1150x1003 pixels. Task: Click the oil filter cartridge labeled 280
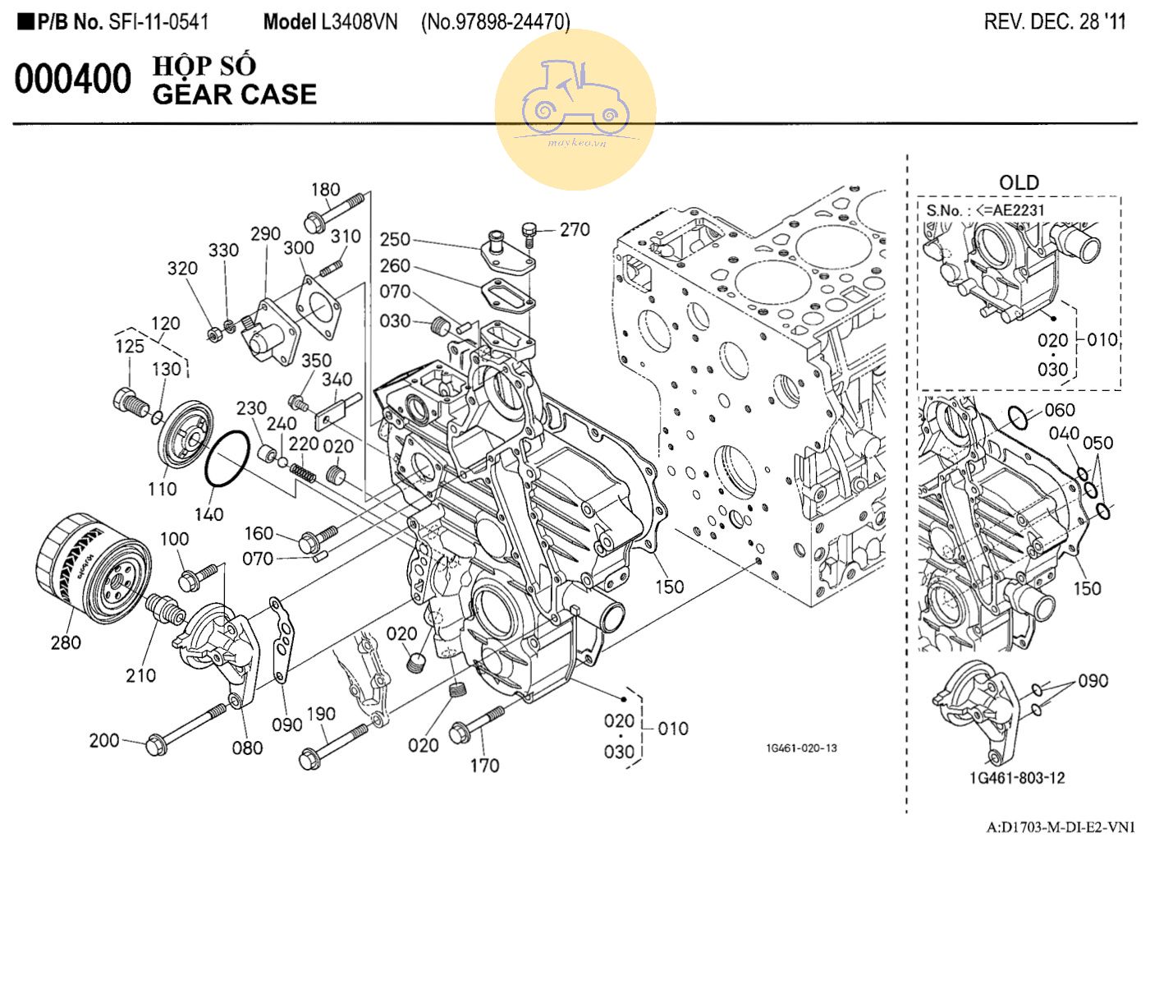(92, 568)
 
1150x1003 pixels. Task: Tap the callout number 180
(325, 190)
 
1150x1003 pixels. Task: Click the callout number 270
(575, 230)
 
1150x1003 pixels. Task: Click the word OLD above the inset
(1019, 182)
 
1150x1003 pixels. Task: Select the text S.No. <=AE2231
(985, 210)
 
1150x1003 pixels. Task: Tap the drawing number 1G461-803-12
(1018, 777)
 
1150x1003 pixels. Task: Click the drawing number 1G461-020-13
(801, 748)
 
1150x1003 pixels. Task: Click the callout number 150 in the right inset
(1088, 588)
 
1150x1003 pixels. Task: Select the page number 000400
(72, 80)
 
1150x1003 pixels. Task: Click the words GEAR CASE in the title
(235, 94)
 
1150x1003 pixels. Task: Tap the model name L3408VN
(359, 22)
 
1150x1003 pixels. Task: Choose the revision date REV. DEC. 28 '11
(1055, 22)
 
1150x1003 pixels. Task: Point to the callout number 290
(266, 235)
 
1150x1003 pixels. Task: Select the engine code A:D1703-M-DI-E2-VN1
(1061, 827)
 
